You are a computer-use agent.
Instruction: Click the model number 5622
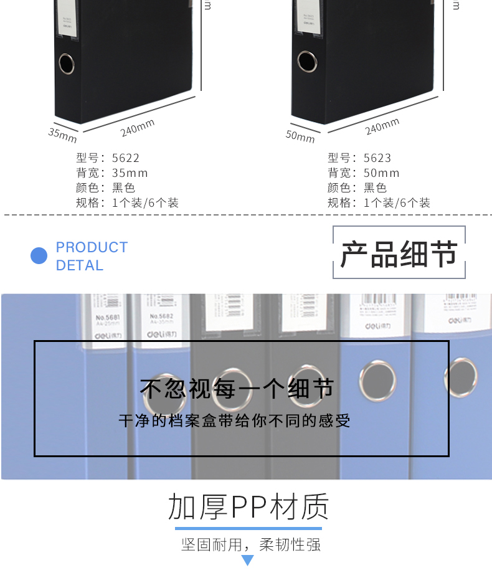click(125, 158)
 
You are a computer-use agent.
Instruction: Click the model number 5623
click(377, 158)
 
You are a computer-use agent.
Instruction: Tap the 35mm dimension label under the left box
click(62, 134)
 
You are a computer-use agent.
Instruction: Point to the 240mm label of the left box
click(138, 128)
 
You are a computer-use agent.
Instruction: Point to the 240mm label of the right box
click(382, 126)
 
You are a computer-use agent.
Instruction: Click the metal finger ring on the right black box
click(306, 60)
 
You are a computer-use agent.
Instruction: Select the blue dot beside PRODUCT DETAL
click(39, 256)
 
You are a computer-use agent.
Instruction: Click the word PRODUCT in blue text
click(92, 247)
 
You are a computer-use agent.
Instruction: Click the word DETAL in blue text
click(79, 265)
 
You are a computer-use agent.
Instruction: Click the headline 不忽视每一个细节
click(237, 389)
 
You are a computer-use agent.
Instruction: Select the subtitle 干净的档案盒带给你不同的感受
click(235, 421)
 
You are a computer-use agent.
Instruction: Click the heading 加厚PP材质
click(248, 508)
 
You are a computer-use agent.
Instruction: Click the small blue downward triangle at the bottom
click(248, 561)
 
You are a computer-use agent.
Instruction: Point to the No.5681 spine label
click(107, 317)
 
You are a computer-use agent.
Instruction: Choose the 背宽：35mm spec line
click(112, 173)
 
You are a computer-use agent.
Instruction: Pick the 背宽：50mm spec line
click(364, 173)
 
